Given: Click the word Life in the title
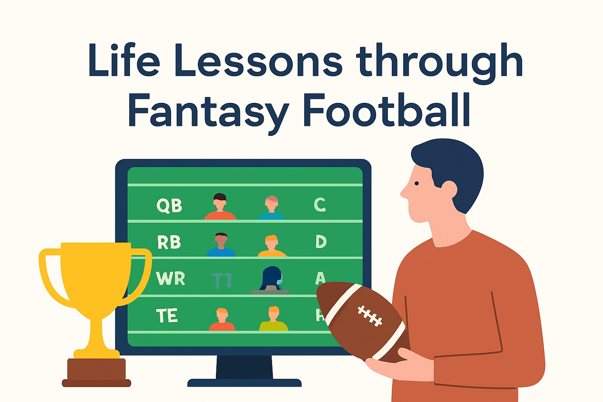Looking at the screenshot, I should point(124,60).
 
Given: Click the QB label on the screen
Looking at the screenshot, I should point(169,205).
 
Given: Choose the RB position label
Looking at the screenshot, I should point(169,242).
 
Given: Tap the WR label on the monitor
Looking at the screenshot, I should point(170,279).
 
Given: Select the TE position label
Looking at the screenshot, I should point(167,316).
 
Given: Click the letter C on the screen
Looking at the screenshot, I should point(320,205).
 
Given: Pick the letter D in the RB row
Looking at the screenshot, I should point(321,241).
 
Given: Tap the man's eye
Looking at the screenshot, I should point(417,183).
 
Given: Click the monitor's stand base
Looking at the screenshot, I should point(244,382).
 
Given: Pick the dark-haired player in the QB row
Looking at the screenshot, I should point(220,206).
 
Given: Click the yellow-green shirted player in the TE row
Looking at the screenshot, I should point(274,319).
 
